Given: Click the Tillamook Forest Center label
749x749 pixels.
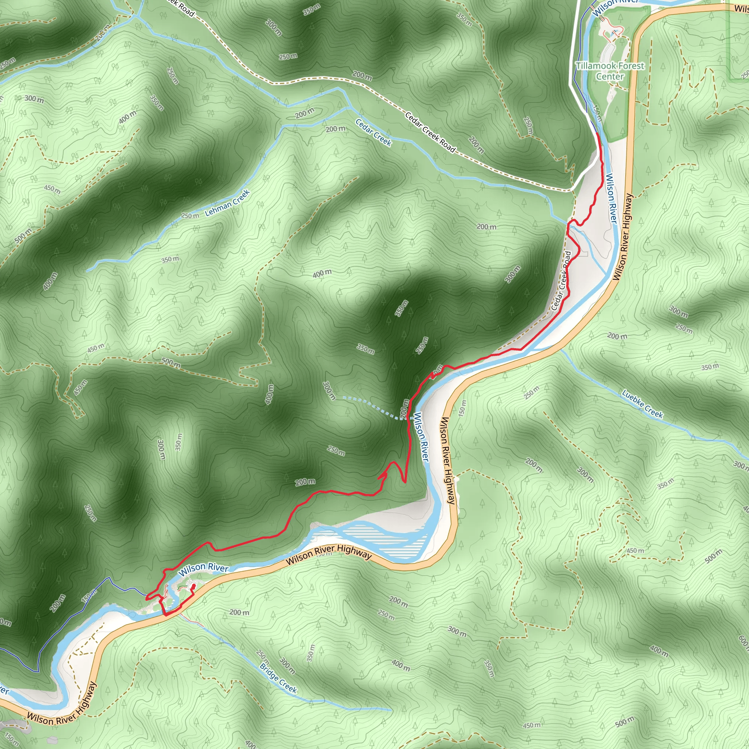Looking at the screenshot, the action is pos(610,71).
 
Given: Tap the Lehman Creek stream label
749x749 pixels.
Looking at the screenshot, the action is pos(227,202).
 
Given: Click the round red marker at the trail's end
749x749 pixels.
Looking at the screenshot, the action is pos(193,587).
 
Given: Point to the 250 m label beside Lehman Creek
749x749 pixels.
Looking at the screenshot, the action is pos(190,215).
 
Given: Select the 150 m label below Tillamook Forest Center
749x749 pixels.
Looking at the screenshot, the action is pos(598,113).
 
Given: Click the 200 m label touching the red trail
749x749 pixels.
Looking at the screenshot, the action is pos(404,409).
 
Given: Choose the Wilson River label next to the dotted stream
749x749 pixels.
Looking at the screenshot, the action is pos(421,437).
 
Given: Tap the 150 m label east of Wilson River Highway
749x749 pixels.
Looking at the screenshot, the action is pos(463,408).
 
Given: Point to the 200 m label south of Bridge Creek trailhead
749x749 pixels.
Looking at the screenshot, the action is pos(239,613).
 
